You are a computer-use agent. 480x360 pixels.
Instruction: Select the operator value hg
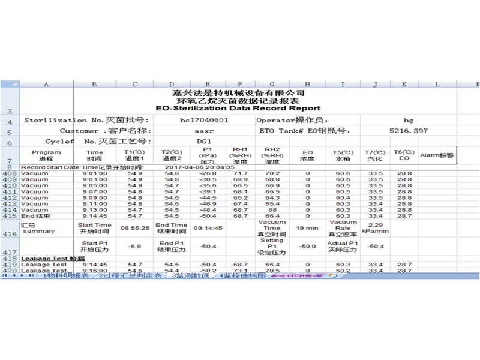pyautogui.click(x=409, y=120)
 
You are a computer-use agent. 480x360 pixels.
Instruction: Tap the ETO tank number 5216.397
pyautogui.click(x=409, y=130)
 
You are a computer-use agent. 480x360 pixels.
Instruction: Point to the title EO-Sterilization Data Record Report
pyautogui.click(x=238, y=109)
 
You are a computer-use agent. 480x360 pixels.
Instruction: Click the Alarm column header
pyautogui.click(x=437, y=155)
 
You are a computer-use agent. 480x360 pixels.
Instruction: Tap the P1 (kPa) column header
pyautogui.click(x=208, y=155)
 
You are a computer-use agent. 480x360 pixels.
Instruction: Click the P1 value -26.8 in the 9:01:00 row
pyautogui.click(x=208, y=173)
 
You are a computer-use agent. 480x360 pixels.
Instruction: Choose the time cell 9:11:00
pyautogui.click(x=94, y=203)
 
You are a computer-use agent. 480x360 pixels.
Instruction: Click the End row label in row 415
pyautogui.click(x=36, y=215)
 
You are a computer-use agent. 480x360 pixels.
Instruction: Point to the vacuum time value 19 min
pyautogui.click(x=308, y=228)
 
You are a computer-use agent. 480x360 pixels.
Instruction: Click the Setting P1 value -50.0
pyautogui.click(x=308, y=246)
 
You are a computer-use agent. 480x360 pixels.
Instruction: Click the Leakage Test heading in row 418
pyautogui.click(x=45, y=259)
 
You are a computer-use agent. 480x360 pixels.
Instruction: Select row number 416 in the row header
pyautogui.click(x=10, y=234)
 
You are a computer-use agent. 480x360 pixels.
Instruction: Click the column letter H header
pyautogui.click(x=308, y=85)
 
